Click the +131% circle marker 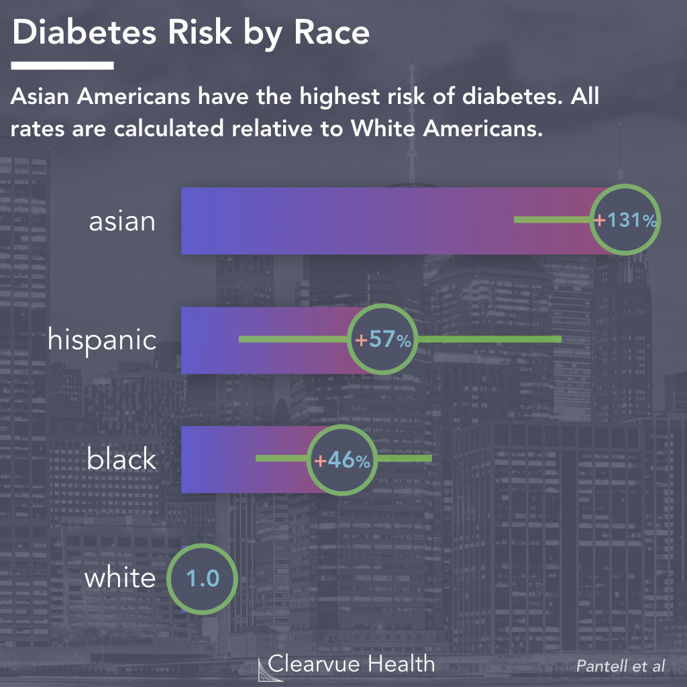click(625, 220)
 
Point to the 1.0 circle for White click(202, 578)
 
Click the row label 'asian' click(122, 221)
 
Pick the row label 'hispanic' click(102, 340)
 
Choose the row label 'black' click(121, 460)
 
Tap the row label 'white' click(119, 578)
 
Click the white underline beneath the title click(62, 66)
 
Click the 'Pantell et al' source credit click(621, 666)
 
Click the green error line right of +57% click(490, 339)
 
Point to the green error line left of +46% click(282, 459)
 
